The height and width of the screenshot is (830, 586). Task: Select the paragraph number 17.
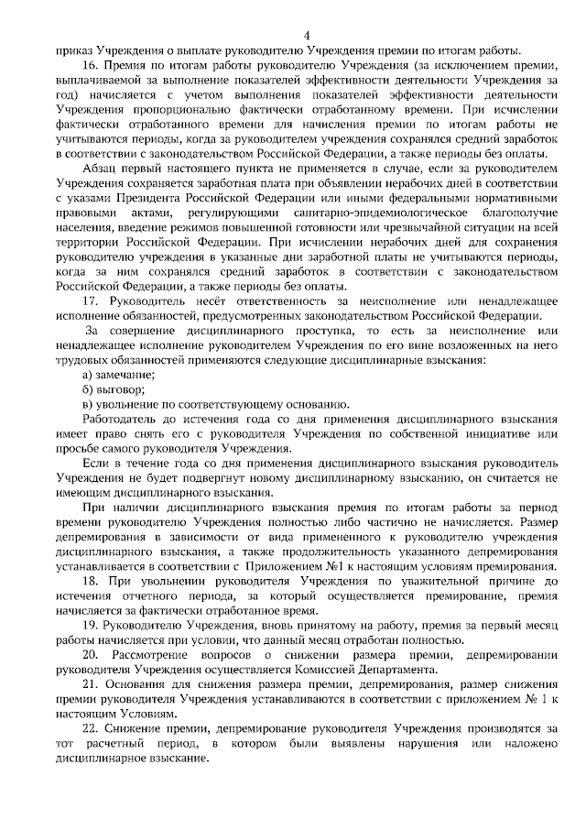click(x=89, y=300)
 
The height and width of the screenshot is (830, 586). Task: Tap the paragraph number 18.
click(x=89, y=582)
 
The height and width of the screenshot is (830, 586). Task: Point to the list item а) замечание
click(x=118, y=375)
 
